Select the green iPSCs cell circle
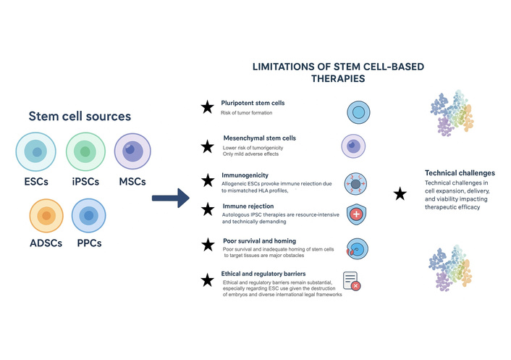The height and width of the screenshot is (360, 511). pos(86,152)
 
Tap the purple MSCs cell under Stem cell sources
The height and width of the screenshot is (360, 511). pos(132,152)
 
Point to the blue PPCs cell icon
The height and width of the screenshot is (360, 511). pos(90,217)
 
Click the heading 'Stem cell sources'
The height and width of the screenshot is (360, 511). pos(80,116)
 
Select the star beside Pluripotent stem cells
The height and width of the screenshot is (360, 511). pos(207,107)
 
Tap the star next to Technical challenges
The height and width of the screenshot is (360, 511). pos(399,193)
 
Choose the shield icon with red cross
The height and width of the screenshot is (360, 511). pos(355,214)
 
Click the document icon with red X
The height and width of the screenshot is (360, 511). pos(351,281)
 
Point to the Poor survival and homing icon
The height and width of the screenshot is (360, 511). pos(355,247)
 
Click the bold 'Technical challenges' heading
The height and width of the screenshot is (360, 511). pos(460,174)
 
